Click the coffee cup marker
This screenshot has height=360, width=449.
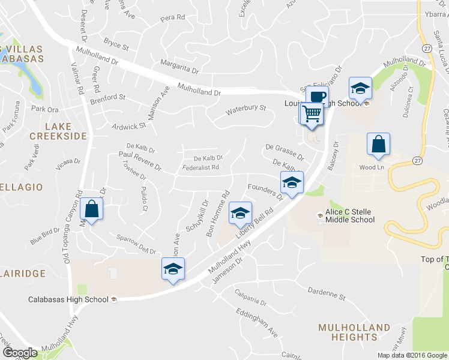(317, 96)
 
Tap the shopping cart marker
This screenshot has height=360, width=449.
(312, 113)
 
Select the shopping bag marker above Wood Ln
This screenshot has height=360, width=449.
(378, 143)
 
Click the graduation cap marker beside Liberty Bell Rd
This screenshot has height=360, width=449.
(240, 212)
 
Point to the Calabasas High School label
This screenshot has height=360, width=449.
(68, 299)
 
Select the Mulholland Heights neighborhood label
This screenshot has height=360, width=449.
(354, 332)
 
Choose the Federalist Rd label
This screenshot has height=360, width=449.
(202, 167)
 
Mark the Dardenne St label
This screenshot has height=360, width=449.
(327, 296)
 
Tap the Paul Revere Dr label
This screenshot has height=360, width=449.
(140, 160)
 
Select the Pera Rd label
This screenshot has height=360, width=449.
(173, 19)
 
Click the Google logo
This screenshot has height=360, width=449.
(20, 353)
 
